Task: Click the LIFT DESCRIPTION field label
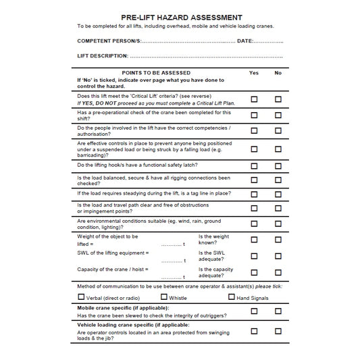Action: (x=102, y=55)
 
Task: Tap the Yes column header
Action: (x=254, y=73)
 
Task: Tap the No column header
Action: (x=278, y=73)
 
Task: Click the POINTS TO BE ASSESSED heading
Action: (x=155, y=73)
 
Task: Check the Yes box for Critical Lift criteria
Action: (x=254, y=99)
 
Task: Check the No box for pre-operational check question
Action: (x=278, y=115)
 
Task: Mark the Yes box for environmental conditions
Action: (x=254, y=224)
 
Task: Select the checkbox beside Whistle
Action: (x=163, y=297)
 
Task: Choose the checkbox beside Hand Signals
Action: (x=231, y=297)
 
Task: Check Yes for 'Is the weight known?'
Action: (x=254, y=239)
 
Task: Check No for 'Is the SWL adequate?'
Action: (x=278, y=255)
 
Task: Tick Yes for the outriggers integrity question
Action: (x=254, y=311)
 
